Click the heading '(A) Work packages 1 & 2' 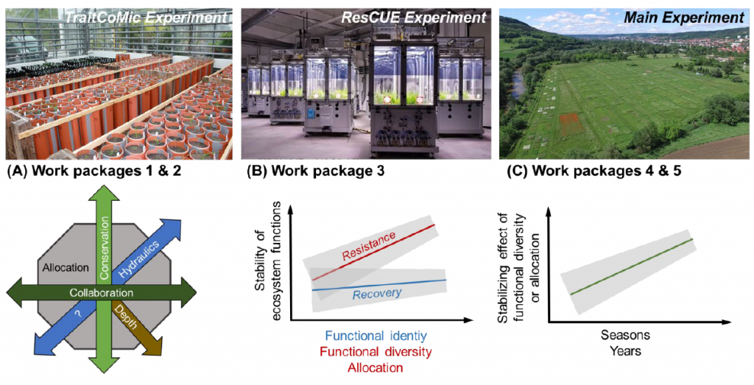click(x=94, y=172)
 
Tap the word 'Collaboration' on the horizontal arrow click(x=101, y=293)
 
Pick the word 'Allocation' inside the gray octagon click(x=65, y=268)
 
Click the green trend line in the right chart click(x=631, y=266)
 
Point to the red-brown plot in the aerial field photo click(x=571, y=124)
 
